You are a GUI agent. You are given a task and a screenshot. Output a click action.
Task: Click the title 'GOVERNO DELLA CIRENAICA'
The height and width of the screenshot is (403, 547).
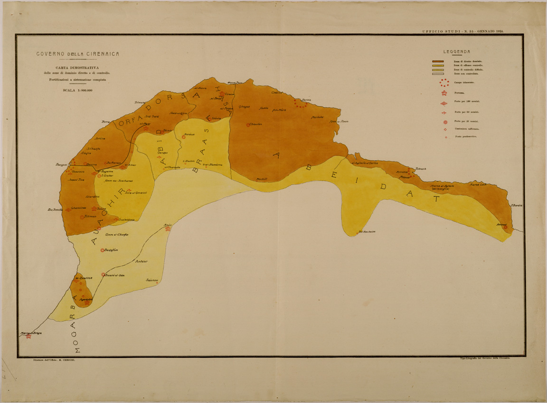coord(78,54)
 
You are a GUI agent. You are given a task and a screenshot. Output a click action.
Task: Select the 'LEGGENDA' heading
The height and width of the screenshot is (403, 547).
coord(457,51)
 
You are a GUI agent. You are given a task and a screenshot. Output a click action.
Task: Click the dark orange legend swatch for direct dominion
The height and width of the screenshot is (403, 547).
coord(437,62)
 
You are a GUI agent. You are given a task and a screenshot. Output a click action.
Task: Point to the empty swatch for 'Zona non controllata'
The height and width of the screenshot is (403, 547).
coord(437,74)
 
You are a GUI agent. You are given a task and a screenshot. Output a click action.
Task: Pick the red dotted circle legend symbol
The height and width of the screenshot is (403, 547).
coord(444,83)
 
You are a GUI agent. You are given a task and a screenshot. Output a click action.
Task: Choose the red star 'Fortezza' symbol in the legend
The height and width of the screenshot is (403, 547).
coord(444,93)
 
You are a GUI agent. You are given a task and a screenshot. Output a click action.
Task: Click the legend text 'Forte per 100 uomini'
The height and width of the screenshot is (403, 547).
coord(465,102)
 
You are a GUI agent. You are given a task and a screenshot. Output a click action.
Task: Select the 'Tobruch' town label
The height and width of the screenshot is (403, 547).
coord(421,169)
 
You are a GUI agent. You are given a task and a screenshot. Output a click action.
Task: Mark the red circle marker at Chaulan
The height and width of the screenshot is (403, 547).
coord(248,125)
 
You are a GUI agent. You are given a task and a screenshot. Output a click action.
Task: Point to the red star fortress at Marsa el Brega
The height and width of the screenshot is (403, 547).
coord(28,337)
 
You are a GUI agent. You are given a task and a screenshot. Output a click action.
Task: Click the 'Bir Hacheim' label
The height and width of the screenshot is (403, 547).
coord(367,232)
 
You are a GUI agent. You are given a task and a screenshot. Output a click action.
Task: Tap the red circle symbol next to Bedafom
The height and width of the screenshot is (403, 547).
coord(102,250)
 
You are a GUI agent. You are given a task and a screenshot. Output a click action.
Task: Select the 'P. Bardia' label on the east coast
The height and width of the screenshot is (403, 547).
coord(517,205)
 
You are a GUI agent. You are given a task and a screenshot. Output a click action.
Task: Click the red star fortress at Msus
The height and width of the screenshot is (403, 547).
coord(168,229)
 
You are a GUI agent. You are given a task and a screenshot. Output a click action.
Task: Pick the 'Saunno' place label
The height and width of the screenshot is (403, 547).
coord(152,280)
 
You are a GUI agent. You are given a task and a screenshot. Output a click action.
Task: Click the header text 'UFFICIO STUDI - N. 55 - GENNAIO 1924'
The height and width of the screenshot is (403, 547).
coord(463,31)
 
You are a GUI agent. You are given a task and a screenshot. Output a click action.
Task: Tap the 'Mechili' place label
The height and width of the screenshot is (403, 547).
coord(262,179)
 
